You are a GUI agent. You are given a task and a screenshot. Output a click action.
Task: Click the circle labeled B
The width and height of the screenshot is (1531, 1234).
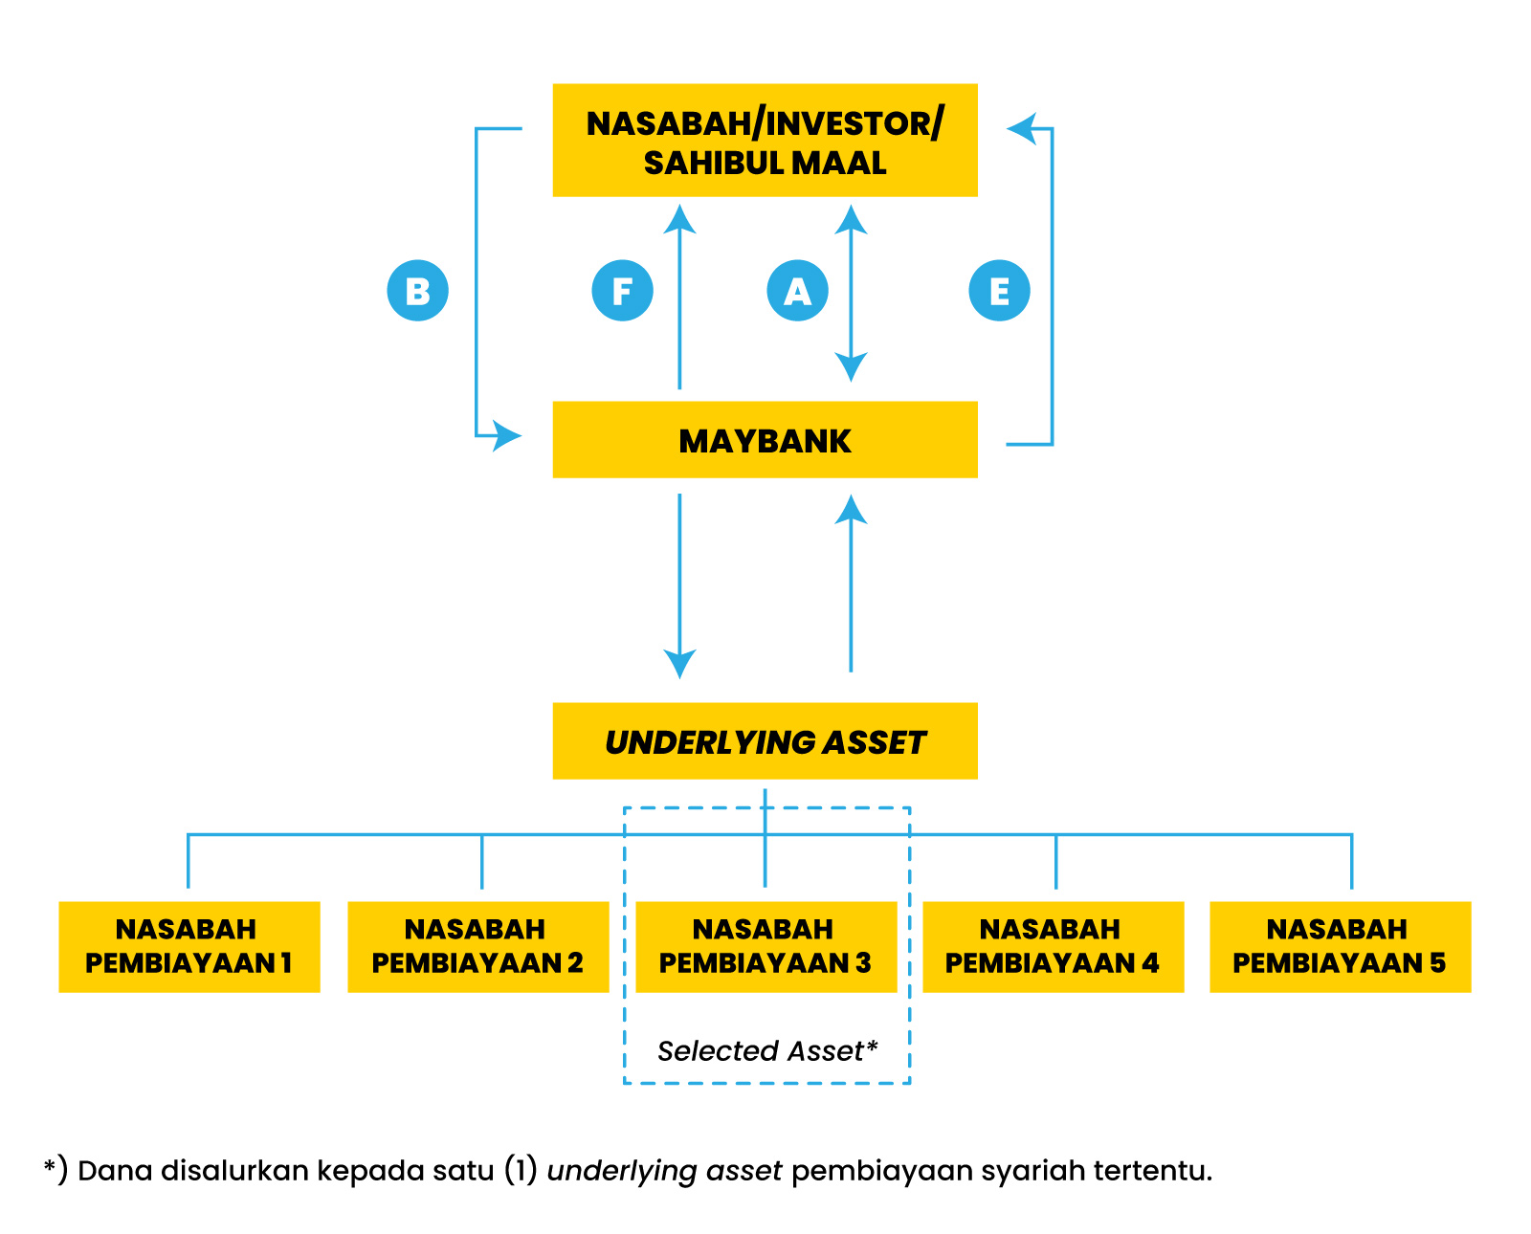click(417, 290)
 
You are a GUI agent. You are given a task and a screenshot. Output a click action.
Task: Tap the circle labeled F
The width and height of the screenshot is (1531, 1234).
click(622, 290)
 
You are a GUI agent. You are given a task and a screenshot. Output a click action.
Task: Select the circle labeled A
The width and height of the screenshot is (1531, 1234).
click(797, 290)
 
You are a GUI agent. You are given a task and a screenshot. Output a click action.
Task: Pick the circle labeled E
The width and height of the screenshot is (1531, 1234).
click(999, 290)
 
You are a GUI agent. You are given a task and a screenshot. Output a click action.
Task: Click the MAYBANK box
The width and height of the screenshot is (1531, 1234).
click(765, 440)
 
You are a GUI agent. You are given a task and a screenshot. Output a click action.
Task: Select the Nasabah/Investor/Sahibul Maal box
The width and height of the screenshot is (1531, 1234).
click(765, 141)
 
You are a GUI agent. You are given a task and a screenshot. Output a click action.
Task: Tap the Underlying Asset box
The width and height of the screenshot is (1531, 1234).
click(765, 741)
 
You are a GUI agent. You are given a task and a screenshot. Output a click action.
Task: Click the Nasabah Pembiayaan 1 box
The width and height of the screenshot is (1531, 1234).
click(189, 946)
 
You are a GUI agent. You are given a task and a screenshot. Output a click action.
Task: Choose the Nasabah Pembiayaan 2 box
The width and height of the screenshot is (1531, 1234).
click(477, 946)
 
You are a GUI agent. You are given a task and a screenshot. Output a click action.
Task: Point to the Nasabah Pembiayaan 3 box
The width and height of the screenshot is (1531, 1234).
click(765, 946)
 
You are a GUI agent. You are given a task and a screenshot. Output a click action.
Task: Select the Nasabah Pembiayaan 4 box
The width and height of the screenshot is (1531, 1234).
click(1053, 946)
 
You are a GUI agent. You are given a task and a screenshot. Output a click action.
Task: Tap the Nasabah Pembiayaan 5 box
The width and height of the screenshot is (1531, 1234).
click(1340, 946)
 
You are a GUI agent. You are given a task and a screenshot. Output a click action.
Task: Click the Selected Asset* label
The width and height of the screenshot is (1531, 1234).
click(766, 1050)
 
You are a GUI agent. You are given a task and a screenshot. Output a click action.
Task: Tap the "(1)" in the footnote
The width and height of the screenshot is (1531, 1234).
click(521, 1170)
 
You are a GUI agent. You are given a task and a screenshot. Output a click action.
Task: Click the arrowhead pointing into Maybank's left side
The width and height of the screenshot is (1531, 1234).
click(507, 436)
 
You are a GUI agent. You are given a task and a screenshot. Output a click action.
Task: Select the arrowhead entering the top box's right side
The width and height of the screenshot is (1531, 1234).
click(1022, 127)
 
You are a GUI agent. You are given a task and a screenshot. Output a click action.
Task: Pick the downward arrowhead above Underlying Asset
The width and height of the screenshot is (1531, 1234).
click(679, 663)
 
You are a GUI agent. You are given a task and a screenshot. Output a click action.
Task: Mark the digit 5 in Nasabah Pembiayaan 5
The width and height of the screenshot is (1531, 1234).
click(1437, 962)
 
